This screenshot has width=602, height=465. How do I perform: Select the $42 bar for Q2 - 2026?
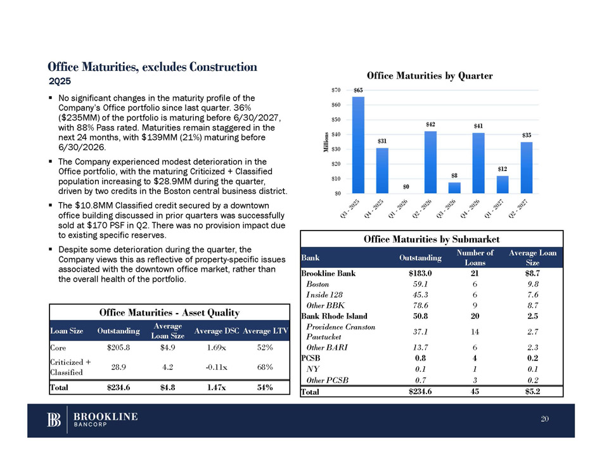pyautogui.click(x=430, y=162)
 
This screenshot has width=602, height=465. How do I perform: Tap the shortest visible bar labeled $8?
pyautogui.click(x=454, y=188)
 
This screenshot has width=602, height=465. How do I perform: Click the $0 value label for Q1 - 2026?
pyautogui.click(x=406, y=187)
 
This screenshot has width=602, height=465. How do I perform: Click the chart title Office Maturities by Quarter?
pyautogui.click(x=429, y=76)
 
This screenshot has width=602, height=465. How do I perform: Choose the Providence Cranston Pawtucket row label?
pyautogui.click(x=340, y=331)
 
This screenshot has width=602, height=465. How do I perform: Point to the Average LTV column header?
pyautogui.click(x=265, y=330)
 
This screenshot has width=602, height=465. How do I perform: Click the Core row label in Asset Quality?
pyautogui.click(x=58, y=347)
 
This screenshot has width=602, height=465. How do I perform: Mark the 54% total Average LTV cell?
pyautogui.click(x=265, y=388)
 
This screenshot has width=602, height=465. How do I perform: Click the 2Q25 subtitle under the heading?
pyautogui.click(x=60, y=81)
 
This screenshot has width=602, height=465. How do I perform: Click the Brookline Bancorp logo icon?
pyautogui.click(x=54, y=420)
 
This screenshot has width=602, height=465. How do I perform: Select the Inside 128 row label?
pyautogui.click(x=324, y=294)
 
